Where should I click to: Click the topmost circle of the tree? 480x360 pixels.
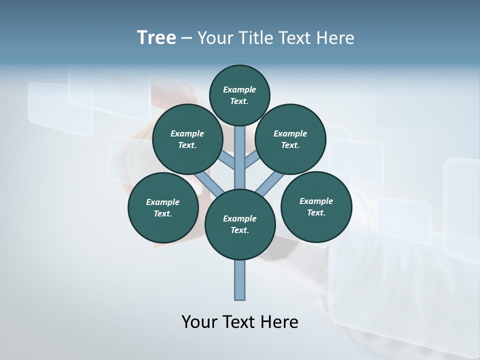point(239,95)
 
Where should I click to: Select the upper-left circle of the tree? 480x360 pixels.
point(187,139)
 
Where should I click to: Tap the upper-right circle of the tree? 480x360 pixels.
point(290,139)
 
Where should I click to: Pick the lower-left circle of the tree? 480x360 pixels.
point(163,207)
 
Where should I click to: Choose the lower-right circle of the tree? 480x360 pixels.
point(316,206)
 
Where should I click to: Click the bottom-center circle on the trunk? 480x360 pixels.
point(240,224)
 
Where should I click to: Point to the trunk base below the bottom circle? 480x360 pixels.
point(240,280)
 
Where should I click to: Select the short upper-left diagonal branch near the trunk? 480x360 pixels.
point(227,161)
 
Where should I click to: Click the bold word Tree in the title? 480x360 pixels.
point(156,37)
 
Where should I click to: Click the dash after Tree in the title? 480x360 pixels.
point(186,38)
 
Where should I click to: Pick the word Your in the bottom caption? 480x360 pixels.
point(199,321)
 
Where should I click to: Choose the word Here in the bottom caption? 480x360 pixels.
point(279,321)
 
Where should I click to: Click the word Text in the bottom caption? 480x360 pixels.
point(239,321)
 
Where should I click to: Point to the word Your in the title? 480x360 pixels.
point(215,37)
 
